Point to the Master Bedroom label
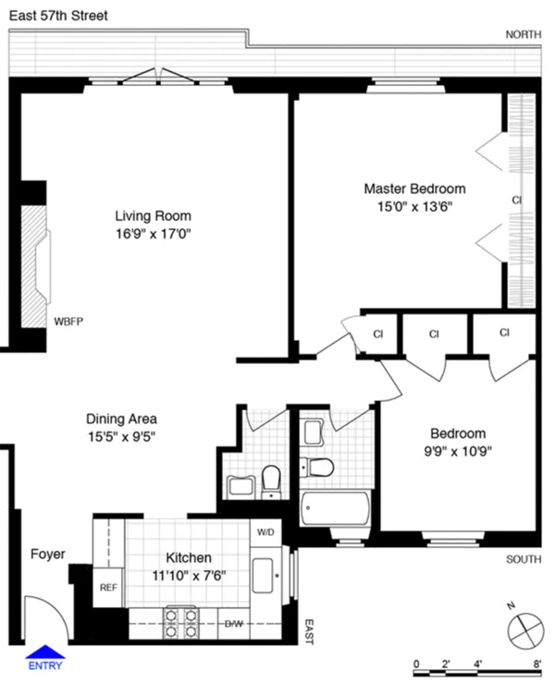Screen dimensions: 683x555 click(x=413, y=189)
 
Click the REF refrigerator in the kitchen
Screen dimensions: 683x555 click(x=108, y=587)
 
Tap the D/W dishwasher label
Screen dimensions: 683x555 click(x=235, y=624)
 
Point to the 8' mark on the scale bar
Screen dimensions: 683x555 click(x=536, y=664)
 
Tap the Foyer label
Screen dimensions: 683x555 click(x=47, y=555)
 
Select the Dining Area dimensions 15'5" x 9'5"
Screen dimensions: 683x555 click(x=121, y=436)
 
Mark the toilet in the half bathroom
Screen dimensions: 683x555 click(x=271, y=479)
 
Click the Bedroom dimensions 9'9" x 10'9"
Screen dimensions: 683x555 click(x=457, y=453)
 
